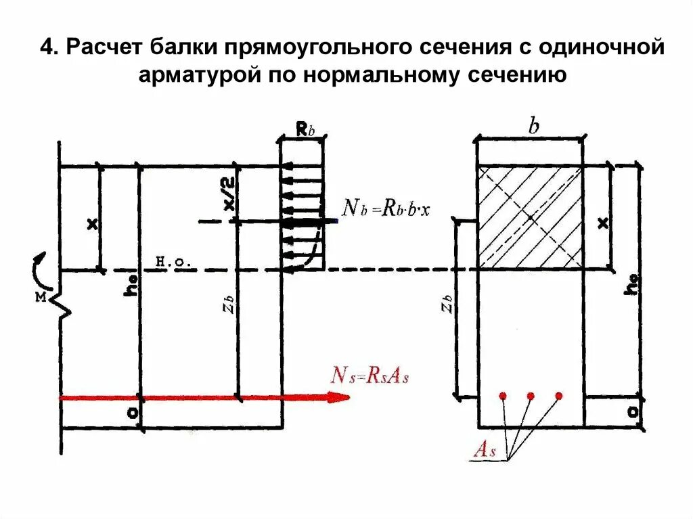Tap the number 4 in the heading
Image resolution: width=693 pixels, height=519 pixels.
pyautogui.click(x=46, y=49)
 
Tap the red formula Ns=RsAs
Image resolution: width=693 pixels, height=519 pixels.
pyautogui.click(x=370, y=376)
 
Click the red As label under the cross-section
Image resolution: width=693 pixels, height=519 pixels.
pyautogui.click(x=485, y=451)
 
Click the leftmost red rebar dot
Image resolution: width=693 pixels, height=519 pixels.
pyautogui.click(x=502, y=395)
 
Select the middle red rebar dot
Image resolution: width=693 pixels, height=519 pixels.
pyautogui.click(x=531, y=395)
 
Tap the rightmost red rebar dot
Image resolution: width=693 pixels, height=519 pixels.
pyautogui.click(x=559, y=395)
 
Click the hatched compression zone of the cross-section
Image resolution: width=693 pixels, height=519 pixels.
pyautogui.click(x=530, y=217)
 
